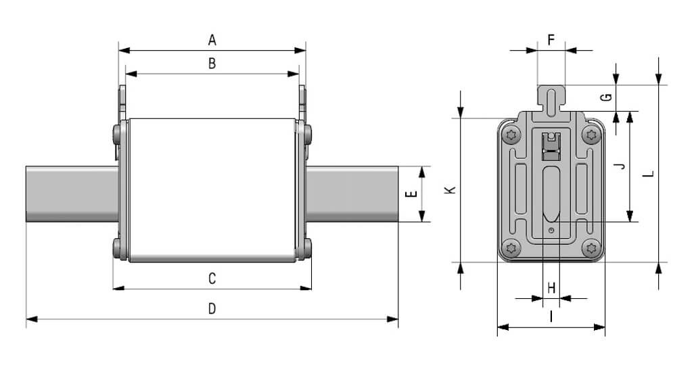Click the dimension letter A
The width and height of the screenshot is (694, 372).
tap(212, 41)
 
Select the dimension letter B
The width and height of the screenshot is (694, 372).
tap(212, 64)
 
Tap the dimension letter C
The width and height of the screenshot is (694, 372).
tap(212, 278)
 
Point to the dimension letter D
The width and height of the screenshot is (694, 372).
tap(212, 308)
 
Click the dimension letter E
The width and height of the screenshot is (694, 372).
tap(409, 194)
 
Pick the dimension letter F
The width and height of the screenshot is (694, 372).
tap(551, 40)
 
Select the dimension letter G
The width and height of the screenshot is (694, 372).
tap(607, 97)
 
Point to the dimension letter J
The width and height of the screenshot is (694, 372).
tap(620, 166)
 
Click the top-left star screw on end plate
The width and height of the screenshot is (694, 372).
tap(511, 135)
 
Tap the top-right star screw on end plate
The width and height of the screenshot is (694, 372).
tap(593, 135)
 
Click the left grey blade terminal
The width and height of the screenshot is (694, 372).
tap(71, 194)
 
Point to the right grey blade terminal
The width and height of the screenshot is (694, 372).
tap(352, 194)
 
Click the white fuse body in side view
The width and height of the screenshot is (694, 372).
tap(212, 189)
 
